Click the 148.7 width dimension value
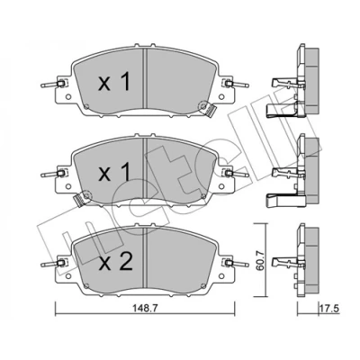tap(146, 308)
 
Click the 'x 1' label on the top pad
tap(114, 83)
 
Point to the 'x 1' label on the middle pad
tap(114, 172)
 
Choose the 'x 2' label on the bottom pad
tap(116, 262)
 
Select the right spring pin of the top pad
tap(237, 85)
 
